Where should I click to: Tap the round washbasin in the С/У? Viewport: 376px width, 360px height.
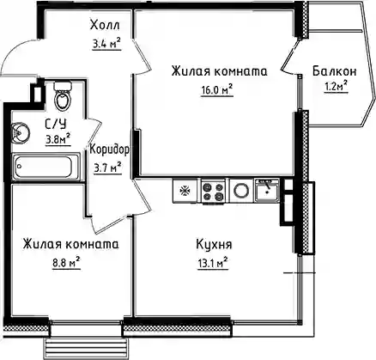(x=20, y=132)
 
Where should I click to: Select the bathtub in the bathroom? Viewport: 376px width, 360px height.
(x=45, y=167)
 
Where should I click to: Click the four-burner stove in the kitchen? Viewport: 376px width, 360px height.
(x=213, y=191)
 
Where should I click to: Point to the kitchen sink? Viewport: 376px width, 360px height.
(x=267, y=190)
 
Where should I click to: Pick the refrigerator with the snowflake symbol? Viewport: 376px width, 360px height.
(x=185, y=191)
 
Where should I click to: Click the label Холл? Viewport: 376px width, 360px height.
(x=105, y=25)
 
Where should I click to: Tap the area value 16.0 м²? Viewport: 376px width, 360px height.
(x=216, y=90)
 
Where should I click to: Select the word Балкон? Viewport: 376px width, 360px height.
(x=335, y=71)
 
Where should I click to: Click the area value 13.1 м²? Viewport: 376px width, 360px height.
(x=212, y=263)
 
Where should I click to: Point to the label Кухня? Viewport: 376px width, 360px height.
(x=214, y=245)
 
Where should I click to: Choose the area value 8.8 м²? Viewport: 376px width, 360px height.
(x=66, y=262)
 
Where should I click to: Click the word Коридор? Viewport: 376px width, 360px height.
(x=109, y=149)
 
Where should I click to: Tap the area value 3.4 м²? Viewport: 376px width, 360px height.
(x=106, y=44)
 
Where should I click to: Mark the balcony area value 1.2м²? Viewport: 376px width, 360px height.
(x=336, y=86)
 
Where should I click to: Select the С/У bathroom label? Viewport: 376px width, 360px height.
(x=56, y=125)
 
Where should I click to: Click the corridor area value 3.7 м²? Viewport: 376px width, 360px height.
(x=108, y=168)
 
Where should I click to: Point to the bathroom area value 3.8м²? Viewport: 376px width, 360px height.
(x=58, y=139)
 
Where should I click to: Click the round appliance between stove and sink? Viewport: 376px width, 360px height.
(x=241, y=191)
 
